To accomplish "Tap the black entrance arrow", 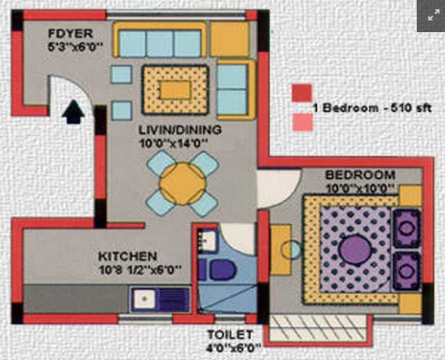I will point(74,111).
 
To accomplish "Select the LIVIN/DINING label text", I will point(179,129).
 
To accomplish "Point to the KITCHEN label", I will point(128,256).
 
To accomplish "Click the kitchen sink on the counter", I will point(145,298).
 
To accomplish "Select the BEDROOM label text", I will point(360,175).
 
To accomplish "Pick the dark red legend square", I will point(302,93).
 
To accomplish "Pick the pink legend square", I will point(302,122).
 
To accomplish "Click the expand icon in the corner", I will point(430,15).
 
